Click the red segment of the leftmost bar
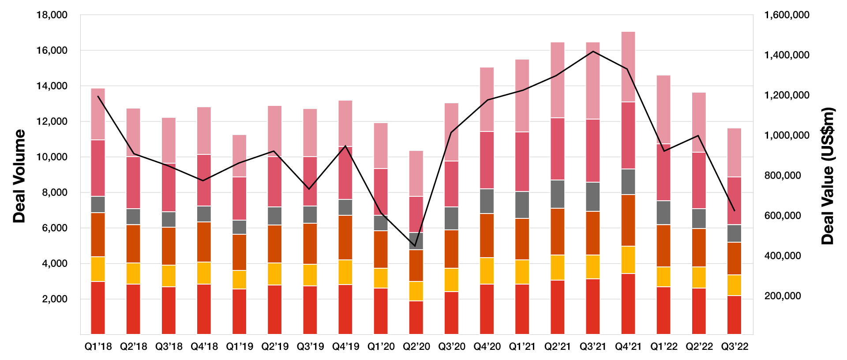(98, 307)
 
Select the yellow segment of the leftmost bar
(98, 269)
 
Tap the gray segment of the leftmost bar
(98, 204)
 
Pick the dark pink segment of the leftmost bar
(98, 168)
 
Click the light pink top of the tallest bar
(628, 67)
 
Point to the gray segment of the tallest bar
(628, 182)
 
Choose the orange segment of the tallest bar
(628, 220)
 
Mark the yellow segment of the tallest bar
(628, 260)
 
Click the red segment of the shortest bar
(416, 318)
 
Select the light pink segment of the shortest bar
(416, 173)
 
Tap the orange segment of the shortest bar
(416, 266)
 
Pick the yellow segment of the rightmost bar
(735, 285)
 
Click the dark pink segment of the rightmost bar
(735, 201)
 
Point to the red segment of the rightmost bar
(735, 315)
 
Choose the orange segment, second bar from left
(133, 244)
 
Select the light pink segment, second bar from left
(133, 132)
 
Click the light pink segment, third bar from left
(169, 140)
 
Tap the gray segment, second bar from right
(699, 218)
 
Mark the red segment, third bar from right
(663, 310)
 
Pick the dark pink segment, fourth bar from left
(204, 180)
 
